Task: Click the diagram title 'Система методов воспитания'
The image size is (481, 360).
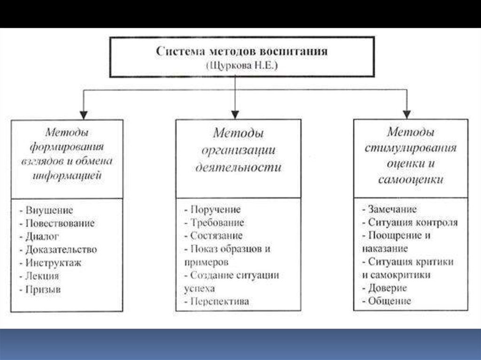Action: [241, 51]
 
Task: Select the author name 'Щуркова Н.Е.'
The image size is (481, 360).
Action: [241, 66]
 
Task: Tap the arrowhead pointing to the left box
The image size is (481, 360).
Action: [83, 114]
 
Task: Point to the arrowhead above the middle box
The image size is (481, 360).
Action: [234, 114]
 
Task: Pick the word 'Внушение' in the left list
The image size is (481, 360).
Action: [50, 210]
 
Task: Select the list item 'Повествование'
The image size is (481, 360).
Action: [60, 223]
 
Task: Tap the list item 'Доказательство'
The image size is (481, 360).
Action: [62, 249]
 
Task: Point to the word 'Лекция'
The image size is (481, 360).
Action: [43, 276]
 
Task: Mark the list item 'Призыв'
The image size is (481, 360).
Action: [44, 290]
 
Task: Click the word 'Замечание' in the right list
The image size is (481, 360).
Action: [392, 209]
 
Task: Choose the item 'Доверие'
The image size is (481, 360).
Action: [388, 288]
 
